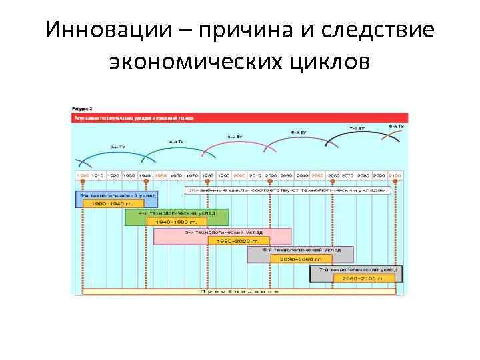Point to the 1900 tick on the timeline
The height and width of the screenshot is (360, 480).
click(x=83, y=175)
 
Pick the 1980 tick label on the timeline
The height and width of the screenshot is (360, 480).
click(x=208, y=175)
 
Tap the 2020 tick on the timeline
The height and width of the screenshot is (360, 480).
click(x=271, y=175)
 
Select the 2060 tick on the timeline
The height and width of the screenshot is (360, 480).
click(x=333, y=175)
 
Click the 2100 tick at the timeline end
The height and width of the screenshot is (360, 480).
click(x=396, y=175)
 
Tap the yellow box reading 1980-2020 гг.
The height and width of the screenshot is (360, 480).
click(x=239, y=240)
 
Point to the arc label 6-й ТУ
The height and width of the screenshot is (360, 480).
click(x=298, y=132)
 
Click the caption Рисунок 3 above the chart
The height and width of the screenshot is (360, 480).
click(x=82, y=108)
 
